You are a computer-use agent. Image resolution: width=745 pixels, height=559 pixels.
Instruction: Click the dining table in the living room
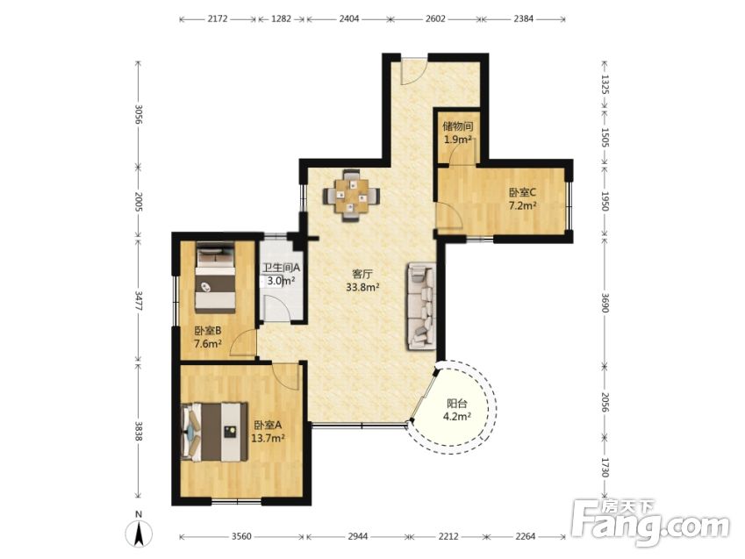(352, 195)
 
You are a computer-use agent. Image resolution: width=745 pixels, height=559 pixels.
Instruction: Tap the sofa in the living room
(421, 306)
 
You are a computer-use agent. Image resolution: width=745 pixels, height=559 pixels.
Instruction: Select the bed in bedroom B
(216, 277)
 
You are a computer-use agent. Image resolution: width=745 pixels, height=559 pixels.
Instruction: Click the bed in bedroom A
(215, 432)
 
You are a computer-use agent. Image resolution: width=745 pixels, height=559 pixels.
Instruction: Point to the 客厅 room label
(362, 275)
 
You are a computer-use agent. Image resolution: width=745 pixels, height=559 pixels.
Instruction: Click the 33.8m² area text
(362, 287)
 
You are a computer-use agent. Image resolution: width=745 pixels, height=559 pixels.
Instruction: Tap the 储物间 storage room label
(458, 126)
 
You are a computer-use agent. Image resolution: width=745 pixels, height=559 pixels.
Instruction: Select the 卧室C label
(522, 192)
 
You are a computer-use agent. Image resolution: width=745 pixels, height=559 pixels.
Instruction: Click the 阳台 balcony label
(456, 404)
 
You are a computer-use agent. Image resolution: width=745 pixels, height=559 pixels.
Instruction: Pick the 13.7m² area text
(268, 438)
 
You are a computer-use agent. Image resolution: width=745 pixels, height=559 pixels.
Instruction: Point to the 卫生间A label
(282, 269)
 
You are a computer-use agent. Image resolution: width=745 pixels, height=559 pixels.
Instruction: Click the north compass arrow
(139, 534)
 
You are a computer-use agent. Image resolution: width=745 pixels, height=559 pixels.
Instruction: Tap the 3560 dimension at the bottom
(241, 537)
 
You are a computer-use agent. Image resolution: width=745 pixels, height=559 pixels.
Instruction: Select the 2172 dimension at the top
(218, 19)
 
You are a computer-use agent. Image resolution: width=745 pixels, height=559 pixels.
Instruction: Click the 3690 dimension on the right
(605, 302)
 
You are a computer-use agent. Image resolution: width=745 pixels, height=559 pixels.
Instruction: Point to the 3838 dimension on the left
(139, 431)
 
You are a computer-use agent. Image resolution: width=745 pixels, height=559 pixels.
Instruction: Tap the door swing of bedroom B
(243, 343)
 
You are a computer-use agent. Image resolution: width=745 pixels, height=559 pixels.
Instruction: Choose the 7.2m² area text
(523, 206)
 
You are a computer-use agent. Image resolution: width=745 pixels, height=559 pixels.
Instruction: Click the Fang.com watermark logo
(650, 524)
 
